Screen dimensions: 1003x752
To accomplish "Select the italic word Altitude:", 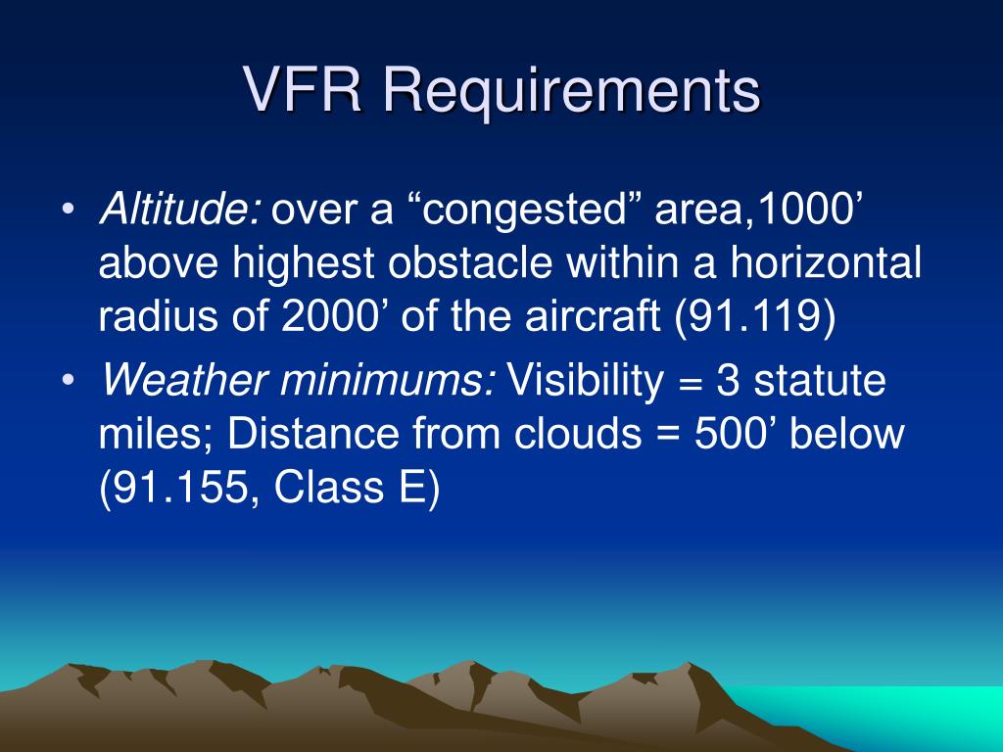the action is [x=180, y=209].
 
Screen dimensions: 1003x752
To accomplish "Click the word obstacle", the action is [x=470, y=261].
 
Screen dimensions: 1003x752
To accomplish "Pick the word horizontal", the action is [x=826, y=261].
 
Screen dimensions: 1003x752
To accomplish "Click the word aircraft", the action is [x=593, y=315].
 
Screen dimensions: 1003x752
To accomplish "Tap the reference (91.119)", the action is [x=755, y=316].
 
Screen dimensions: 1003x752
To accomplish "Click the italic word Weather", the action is [x=183, y=380].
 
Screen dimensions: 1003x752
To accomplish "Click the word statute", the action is [x=820, y=381].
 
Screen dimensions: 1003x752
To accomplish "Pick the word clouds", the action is [x=578, y=433].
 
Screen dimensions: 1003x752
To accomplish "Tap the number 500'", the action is [x=735, y=433].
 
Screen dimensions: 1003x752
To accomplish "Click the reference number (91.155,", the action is [x=180, y=488].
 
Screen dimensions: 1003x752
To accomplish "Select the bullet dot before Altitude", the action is [x=69, y=209].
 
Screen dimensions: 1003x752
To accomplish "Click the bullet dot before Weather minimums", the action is [x=69, y=380].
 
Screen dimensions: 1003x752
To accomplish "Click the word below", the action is [x=847, y=433].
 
